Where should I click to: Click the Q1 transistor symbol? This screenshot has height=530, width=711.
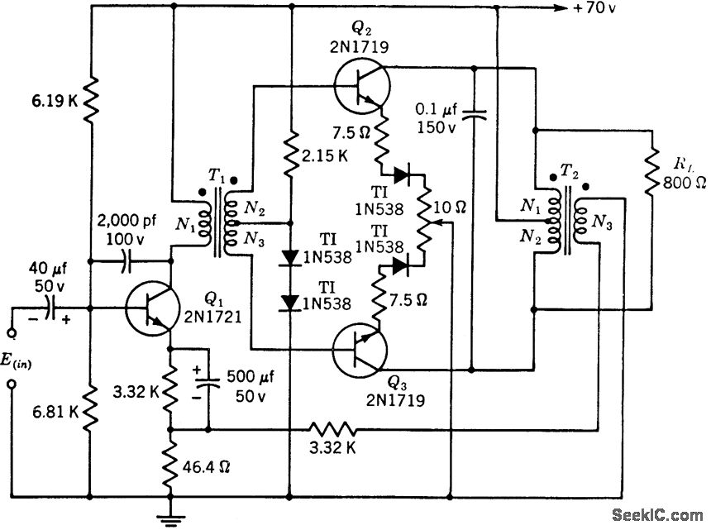150,309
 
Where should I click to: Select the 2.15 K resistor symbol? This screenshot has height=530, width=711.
291,157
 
